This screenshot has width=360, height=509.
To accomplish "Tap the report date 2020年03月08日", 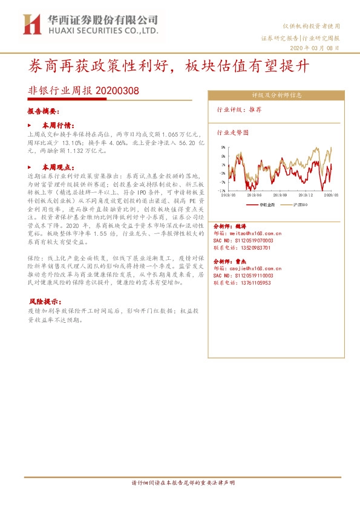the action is [315, 48].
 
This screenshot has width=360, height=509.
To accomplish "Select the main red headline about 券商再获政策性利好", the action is [169, 66].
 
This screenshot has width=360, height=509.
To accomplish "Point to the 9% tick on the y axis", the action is [224, 146].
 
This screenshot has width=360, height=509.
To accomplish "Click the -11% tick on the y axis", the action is [223, 190].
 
